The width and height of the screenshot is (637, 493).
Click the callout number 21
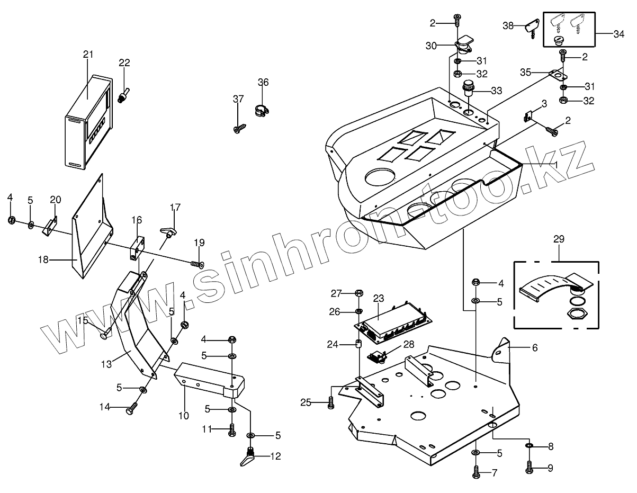point(88,55)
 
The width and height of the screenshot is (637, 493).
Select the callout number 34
point(618,34)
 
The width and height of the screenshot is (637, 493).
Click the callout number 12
point(275,456)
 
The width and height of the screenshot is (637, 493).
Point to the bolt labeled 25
point(331,403)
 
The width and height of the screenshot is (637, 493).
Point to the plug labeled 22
point(123,96)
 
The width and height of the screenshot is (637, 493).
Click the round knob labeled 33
point(470,88)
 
